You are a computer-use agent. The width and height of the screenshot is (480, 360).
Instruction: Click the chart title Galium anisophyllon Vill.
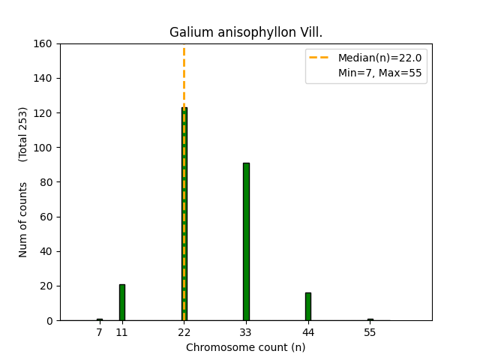pos(246,32)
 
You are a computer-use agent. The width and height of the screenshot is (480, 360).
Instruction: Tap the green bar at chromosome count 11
pos(121,302)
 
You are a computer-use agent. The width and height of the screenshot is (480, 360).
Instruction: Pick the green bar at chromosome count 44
pos(307,307)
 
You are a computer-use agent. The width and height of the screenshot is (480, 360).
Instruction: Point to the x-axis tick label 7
pos(99,332)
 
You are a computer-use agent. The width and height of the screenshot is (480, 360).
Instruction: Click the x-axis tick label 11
pos(121,332)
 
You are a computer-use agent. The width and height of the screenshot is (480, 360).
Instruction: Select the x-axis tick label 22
pos(184,332)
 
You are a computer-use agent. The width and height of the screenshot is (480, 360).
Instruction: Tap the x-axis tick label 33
pos(246,332)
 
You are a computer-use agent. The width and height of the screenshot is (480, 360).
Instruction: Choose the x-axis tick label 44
pos(307,332)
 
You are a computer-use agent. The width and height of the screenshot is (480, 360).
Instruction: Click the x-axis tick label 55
pos(370,332)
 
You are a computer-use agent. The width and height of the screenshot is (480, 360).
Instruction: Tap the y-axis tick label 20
pos(47,286)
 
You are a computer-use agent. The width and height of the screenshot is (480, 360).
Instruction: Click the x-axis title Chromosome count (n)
pos(246,347)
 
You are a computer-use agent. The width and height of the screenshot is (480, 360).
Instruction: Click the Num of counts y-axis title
pos(23,220)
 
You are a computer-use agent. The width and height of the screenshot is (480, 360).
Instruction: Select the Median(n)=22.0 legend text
pos(379,58)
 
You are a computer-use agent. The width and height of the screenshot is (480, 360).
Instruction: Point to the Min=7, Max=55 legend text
pos(379,73)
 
